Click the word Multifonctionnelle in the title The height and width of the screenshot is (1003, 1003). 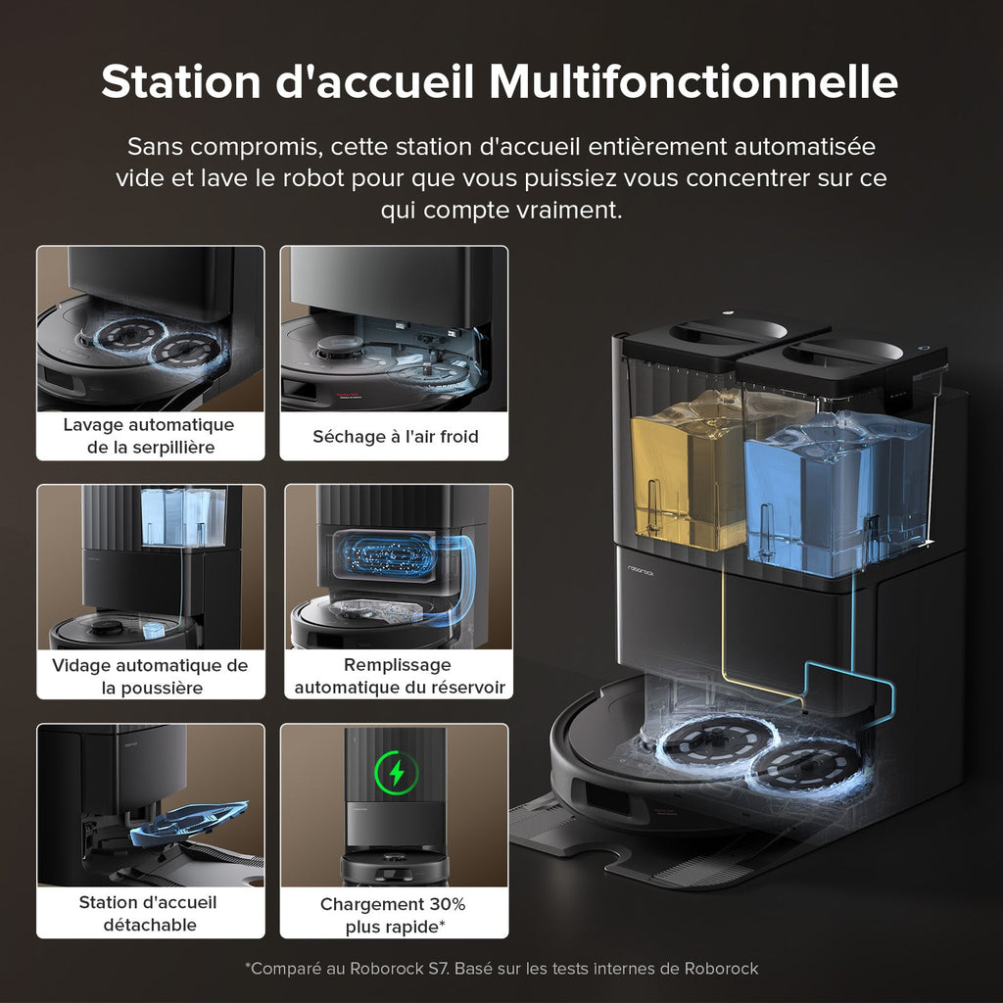[x=693, y=81]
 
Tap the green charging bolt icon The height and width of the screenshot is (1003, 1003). [x=396, y=774]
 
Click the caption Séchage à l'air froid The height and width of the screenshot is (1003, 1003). [x=395, y=436]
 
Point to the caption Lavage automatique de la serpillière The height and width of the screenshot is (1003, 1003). [x=149, y=436]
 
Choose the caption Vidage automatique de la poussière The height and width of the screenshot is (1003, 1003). [x=151, y=676]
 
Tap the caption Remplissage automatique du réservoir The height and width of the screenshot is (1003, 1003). [x=399, y=676]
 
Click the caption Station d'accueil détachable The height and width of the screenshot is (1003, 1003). [x=148, y=913]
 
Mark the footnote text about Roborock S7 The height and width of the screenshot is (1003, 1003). [x=501, y=969]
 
